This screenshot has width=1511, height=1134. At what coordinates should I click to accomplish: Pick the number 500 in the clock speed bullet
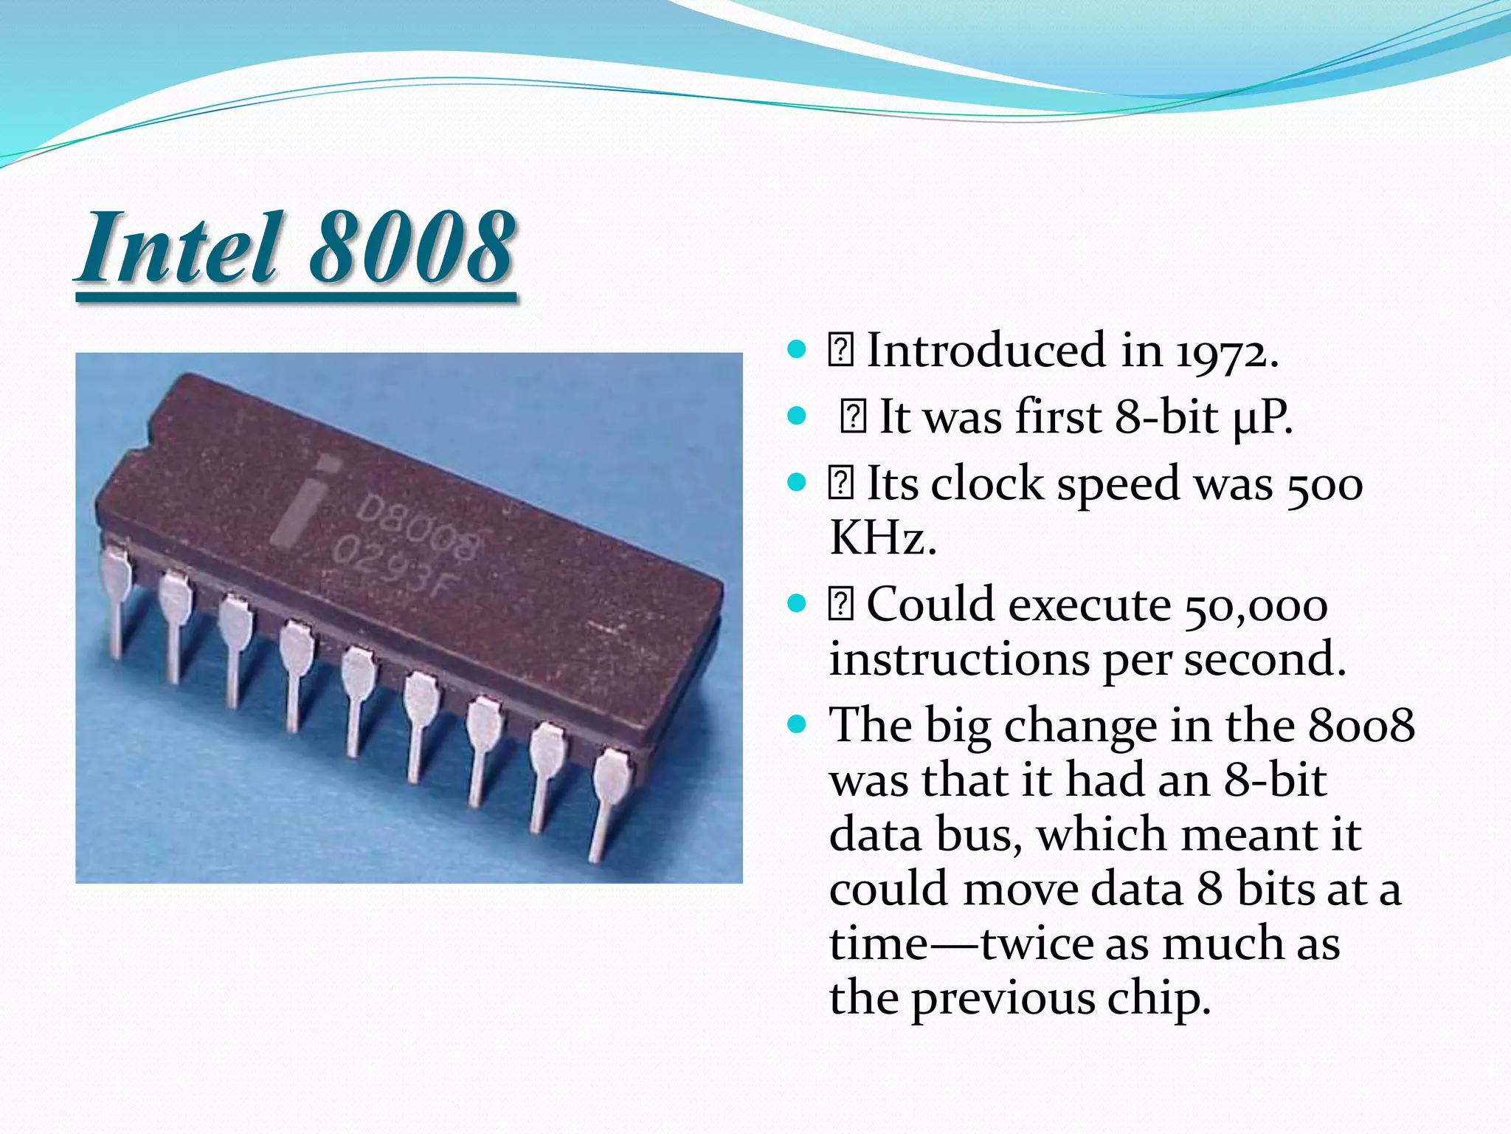click(1324, 486)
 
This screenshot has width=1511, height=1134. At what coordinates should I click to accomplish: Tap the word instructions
click(959, 659)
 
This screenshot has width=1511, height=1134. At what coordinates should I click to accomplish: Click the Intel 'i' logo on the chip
click(302, 502)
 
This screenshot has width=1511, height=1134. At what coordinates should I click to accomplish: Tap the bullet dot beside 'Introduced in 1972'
click(797, 348)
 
